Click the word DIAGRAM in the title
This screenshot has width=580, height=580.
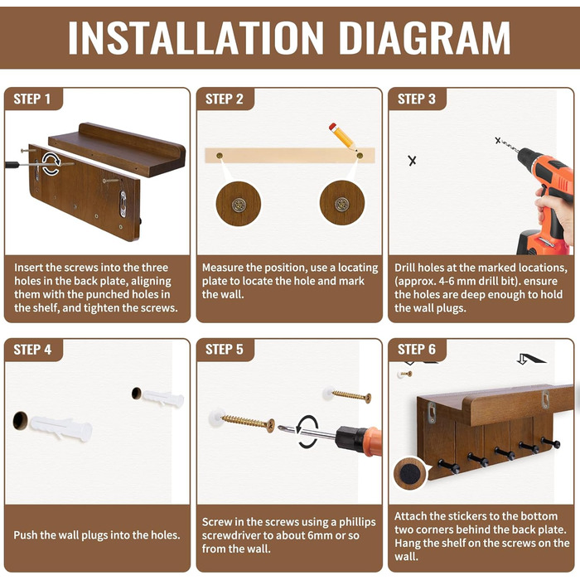click(x=424, y=38)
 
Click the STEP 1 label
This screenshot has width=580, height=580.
click(x=31, y=99)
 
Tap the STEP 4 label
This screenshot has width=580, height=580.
click(x=32, y=350)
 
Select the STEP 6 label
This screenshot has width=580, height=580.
click(x=417, y=350)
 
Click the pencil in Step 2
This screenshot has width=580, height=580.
click(x=343, y=138)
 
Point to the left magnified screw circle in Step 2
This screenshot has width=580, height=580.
click(x=239, y=204)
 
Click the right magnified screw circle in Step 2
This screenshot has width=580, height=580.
click(x=341, y=203)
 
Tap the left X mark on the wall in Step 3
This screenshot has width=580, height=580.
click(x=412, y=161)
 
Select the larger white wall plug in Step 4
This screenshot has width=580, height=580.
click(x=61, y=428)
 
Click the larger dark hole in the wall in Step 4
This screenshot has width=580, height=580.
click(x=20, y=421)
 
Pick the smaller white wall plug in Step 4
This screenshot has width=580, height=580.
click(x=163, y=399)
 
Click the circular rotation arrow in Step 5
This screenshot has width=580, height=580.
click(x=308, y=432)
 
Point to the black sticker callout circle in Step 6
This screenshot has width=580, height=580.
click(x=409, y=473)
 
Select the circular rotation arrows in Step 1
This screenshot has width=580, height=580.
click(x=51, y=163)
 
